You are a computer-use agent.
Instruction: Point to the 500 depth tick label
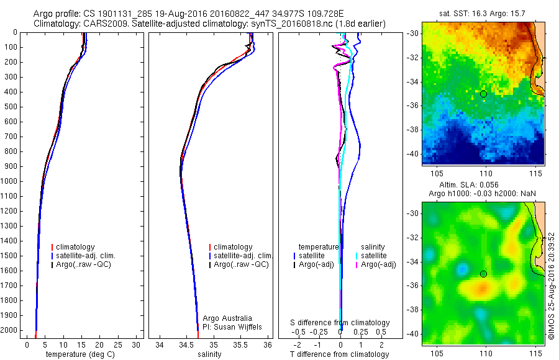point(11,107)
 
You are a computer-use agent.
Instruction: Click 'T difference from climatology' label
point(339,354)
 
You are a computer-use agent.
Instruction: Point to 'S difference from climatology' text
point(340,323)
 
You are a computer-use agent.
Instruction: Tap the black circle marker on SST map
point(483,94)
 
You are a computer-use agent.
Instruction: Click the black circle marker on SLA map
point(483,274)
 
